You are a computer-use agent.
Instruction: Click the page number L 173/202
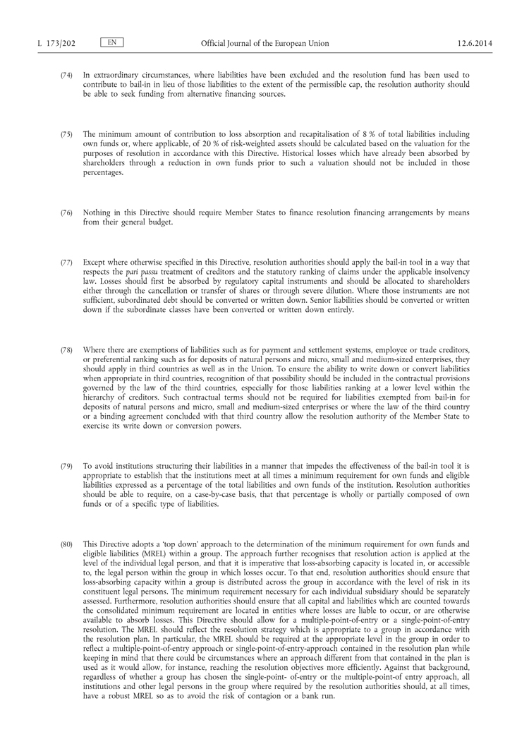click(x=56, y=44)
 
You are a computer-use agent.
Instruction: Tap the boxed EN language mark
click(x=112, y=43)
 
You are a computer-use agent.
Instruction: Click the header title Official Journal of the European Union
click(x=264, y=44)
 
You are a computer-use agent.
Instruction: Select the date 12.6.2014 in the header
click(x=475, y=44)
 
